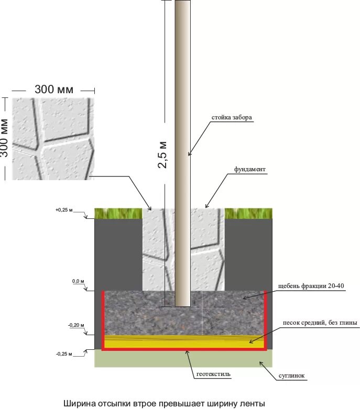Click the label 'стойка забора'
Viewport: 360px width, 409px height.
tap(232, 118)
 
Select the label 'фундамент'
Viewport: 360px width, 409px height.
tap(250, 170)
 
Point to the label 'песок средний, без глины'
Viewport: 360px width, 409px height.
tap(320, 323)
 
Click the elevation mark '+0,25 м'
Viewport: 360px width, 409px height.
tap(63, 210)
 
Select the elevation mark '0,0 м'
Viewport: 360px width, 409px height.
tap(78, 281)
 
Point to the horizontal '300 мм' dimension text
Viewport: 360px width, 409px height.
tap(54, 89)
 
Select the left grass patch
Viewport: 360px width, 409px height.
tap(118, 213)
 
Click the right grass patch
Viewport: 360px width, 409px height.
tap(248, 213)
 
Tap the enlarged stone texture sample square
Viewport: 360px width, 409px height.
tap(53, 139)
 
